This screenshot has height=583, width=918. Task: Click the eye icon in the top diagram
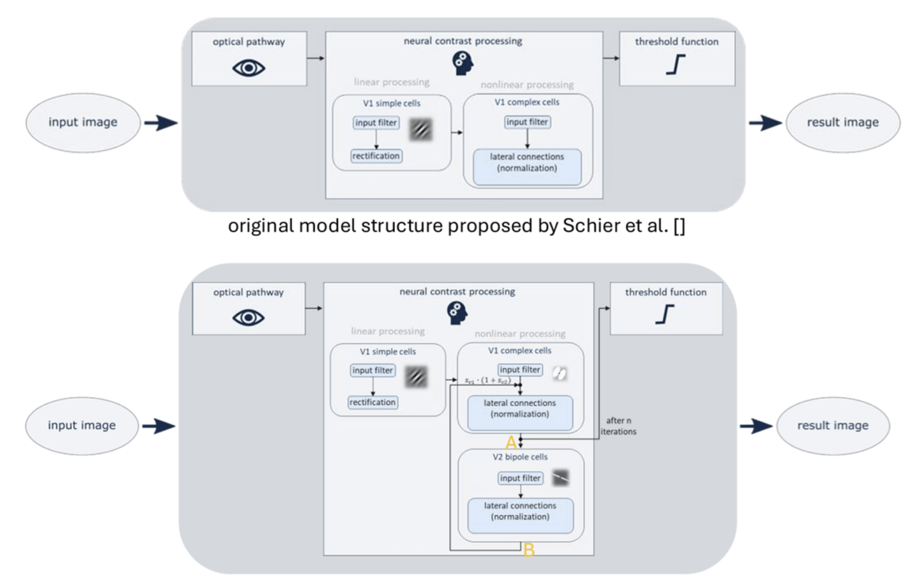(x=248, y=68)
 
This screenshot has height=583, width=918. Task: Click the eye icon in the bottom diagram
(x=248, y=318)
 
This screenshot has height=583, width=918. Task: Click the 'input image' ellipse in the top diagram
(x=82, y=123)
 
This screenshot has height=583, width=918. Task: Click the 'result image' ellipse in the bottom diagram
(x=833, y=426)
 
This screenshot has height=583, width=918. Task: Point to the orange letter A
(x=511, y=443)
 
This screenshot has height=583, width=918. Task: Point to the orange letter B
(x=529, y=551)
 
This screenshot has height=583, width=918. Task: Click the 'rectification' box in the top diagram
(x=377, y=156)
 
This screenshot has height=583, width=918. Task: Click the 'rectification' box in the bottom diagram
(x=372, y=403)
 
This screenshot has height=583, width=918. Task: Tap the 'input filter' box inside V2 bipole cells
(x=520, y=478)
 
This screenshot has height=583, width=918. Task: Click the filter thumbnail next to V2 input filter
(x=560, y=478)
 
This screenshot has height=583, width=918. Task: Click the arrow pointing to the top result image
(x=764, y=123)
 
